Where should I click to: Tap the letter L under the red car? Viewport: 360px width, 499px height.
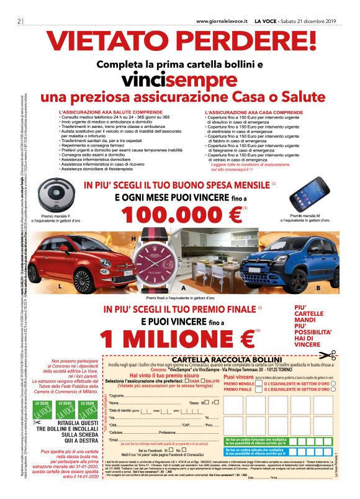pyautogui.click(x=60, y=287)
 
